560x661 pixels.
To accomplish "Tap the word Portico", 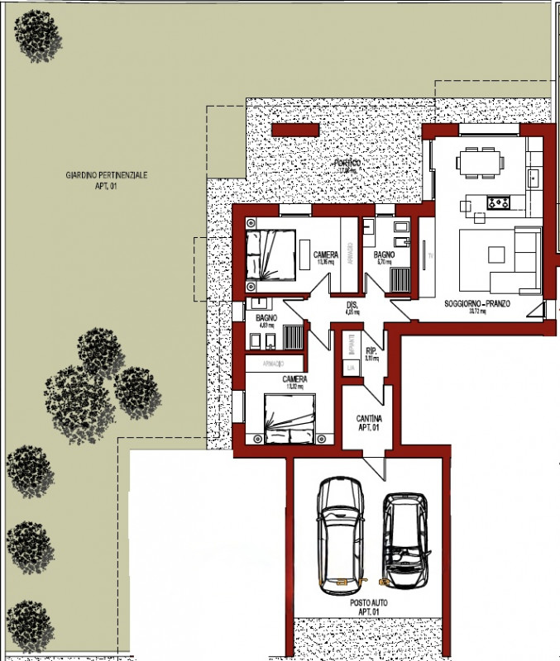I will click(x=347, y=164).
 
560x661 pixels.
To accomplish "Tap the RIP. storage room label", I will click(x=371, y=354).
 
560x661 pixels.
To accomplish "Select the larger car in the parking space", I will click(x=342, y=533).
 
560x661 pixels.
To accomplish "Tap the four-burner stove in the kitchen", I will click(x=499, y=202).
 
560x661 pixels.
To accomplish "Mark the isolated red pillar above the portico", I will click(x=295, y=130).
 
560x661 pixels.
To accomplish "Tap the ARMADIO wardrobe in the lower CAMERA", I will click(x=274, y=364).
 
